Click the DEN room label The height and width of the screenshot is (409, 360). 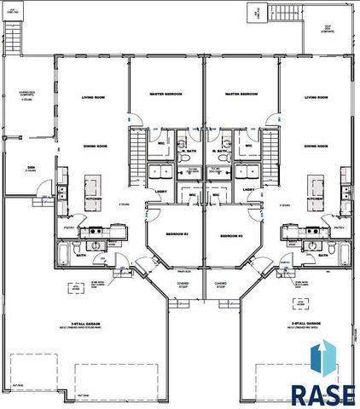[31, 167]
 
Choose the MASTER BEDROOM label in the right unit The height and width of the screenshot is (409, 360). [241, 94]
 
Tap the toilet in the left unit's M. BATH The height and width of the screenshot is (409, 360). [185, 158]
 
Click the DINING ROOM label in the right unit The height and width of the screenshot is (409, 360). [316, 146]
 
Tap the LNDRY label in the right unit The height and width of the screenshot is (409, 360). [248, 189]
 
